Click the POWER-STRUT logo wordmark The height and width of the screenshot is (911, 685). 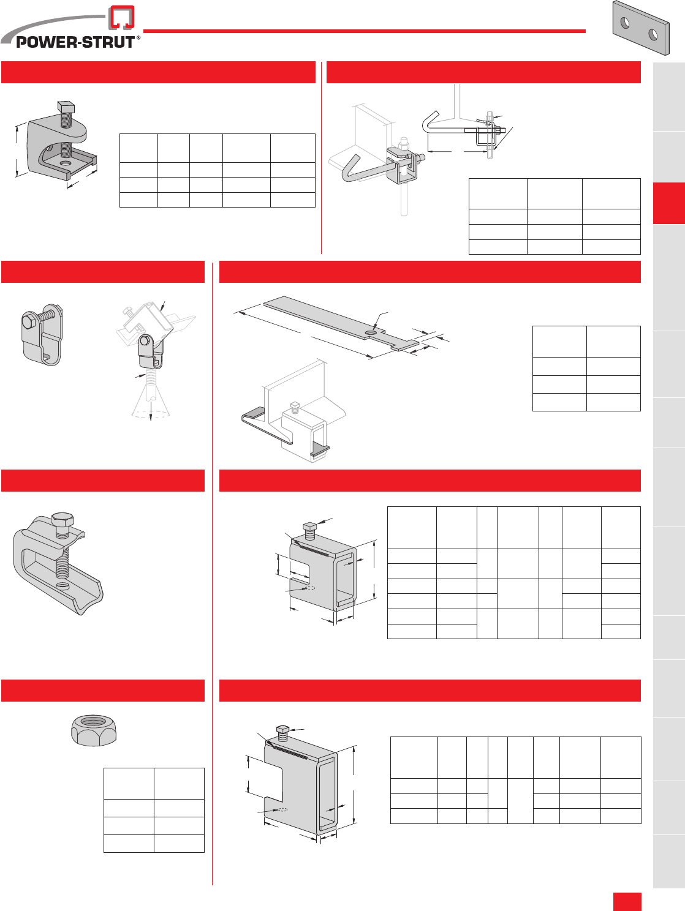[75, 42]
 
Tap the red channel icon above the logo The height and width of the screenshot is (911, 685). [121, 17]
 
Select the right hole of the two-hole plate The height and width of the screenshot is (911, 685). [653, 35]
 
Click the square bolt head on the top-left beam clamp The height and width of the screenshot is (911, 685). [66, 107]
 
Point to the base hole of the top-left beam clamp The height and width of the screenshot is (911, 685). [65, 163]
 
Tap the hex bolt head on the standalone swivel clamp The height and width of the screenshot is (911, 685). [29, 321]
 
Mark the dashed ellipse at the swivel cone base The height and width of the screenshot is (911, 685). [151, 414]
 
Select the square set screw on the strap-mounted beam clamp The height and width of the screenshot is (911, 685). [295, 408]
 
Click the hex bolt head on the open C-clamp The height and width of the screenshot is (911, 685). [62, 520]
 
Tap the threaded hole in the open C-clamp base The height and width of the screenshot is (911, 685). [62, 586]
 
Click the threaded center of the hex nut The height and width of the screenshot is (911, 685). [93, 721]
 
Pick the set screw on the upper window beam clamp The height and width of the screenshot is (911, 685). [309, 531]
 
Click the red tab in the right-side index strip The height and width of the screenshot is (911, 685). [669, 203]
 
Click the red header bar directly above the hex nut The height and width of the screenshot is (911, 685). [103, 691]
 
